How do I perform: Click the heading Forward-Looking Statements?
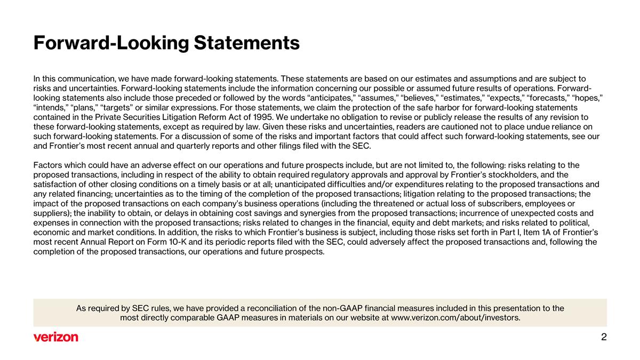(166, 43)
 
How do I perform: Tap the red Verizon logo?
(55, 337)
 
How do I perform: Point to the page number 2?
(604, 337)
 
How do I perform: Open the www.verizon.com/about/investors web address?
(455, 318)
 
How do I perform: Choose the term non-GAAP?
(344, 308)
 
